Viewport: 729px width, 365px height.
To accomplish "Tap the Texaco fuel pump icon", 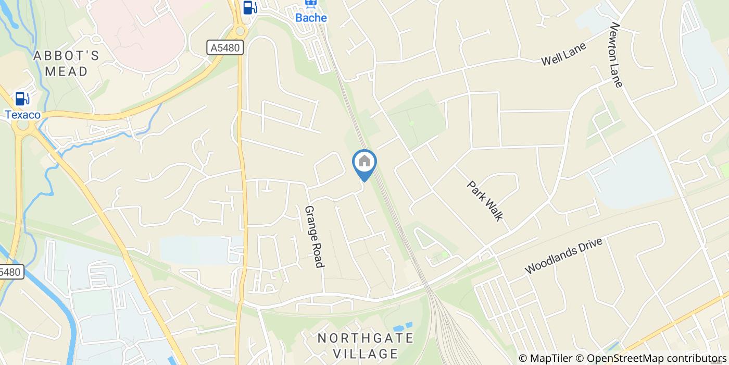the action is (x=22, y=98).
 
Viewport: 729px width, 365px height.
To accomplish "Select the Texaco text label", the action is (x=22, y=115).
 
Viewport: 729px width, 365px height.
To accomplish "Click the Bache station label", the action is (x=311, y=18).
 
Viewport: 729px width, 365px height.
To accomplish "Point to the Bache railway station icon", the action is (x=311, y=4).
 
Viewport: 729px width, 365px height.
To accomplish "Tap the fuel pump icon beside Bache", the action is (x=250, y=7).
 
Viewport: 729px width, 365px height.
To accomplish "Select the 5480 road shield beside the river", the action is (x=10, y=272).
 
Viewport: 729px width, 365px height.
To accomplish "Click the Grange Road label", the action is (x=314, y=237).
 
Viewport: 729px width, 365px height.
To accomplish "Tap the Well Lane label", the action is (x=563, y=54).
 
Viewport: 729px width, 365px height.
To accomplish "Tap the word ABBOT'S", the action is (x=66, y=56).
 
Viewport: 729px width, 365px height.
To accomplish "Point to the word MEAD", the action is (x=66, y=71).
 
